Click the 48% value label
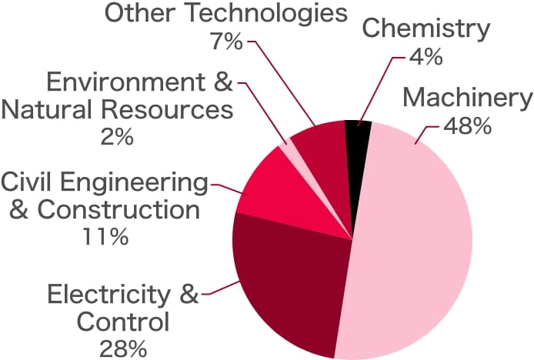coord(467,126)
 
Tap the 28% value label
coord(123,347)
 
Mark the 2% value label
coord(117,137)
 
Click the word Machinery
coord(467,98)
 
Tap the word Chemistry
coord(426,29)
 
